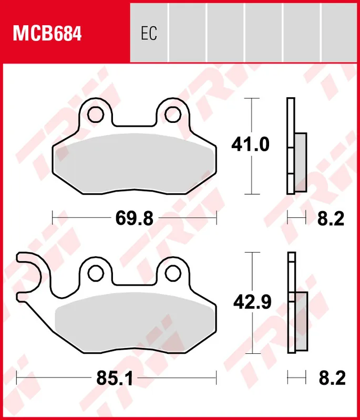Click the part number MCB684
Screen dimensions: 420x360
pos(47,34)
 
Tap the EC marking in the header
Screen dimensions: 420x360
pos(149,34)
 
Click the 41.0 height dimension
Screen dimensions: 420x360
pos(251,144)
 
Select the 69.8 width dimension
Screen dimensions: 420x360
pos(134,217)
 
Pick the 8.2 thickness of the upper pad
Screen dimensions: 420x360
pos(331,217)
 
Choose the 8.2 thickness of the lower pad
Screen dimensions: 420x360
pos(331,378)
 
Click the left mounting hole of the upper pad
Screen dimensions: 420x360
pos(96,113)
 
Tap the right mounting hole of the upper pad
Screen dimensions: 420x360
pos(172,113)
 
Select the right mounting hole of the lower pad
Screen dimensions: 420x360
pos(172,272)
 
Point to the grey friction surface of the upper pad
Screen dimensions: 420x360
pos(134,163)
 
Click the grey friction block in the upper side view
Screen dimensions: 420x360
pos(300,162)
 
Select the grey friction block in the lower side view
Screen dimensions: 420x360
pos(301,322)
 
